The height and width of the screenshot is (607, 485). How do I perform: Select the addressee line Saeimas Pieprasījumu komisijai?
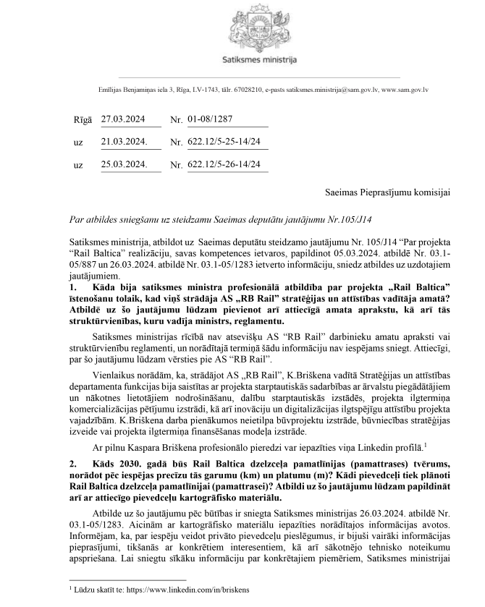click(x=387, y=192)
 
